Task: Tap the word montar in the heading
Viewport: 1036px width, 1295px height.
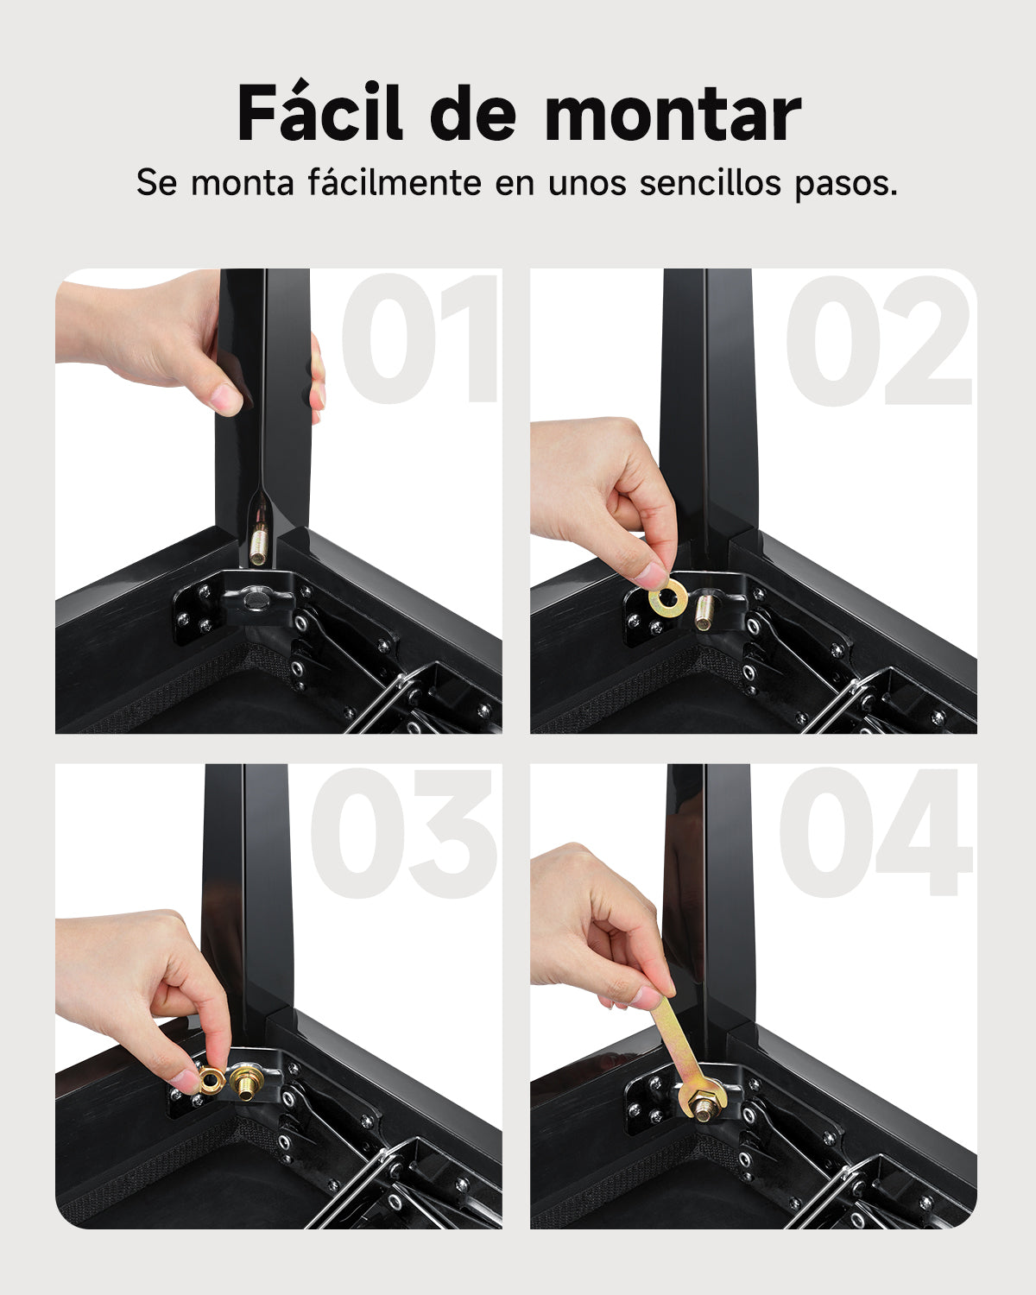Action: (x=673, y=114)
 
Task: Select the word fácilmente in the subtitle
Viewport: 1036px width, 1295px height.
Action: (x=395, y=182)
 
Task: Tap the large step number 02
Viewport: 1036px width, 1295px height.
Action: (x=880, y=340)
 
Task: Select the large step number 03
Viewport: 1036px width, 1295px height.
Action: (x=403, y=833)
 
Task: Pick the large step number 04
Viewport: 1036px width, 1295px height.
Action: (x=876, y=833)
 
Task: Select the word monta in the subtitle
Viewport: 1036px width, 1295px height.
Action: (x=243, y=182)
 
